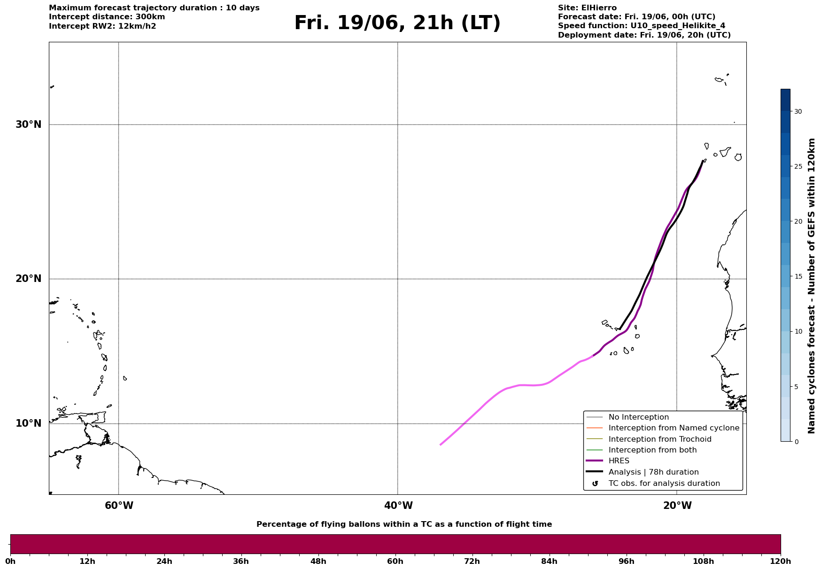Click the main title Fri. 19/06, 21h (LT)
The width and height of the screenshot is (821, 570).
tap(397, 23)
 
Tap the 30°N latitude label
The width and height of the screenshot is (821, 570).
tap(29, 125)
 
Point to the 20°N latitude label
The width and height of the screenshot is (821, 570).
tap(29, 279)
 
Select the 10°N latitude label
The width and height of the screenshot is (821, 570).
tap(29, 423)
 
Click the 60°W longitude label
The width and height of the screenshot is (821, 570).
tap(119, 506)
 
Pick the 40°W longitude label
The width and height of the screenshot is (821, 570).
tap(398, 506)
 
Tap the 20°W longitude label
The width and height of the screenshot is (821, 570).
tap(677, 506)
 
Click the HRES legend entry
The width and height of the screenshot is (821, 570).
tap(619, 461)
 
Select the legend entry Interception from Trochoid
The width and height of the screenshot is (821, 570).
tap(660, 439)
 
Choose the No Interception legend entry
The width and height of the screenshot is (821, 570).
tap(639, 417)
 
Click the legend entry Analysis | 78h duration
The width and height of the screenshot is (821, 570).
tap(653, 472)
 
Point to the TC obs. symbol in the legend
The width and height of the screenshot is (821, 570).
tap(595, 484)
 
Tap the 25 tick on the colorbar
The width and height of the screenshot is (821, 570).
tap(798, 166)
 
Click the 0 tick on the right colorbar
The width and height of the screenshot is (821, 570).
tap(796, 441)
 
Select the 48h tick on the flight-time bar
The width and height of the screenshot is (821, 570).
tap(318, 561)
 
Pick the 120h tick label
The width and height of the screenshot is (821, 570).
tap(781, 561)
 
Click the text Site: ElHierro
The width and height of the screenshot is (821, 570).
tap(587, 8)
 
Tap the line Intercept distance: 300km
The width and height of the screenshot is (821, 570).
tap(107, 17)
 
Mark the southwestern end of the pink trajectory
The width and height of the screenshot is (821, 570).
tap(441, 445)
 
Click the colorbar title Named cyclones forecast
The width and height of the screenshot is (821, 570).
tap(811, 286)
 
